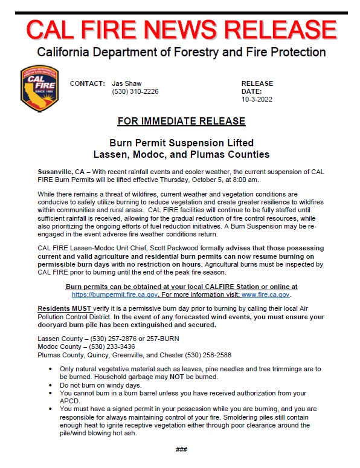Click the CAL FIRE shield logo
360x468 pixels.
click(x=39, y=89)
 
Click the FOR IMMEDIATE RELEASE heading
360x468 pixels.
click(x=181, y=121)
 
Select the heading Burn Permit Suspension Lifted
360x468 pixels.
click(x=181, y=143)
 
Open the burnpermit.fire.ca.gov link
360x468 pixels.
click(x=115, y=294)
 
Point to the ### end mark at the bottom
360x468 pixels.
click(x=181, y=449)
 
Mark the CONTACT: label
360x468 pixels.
click(x=88, y=83)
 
